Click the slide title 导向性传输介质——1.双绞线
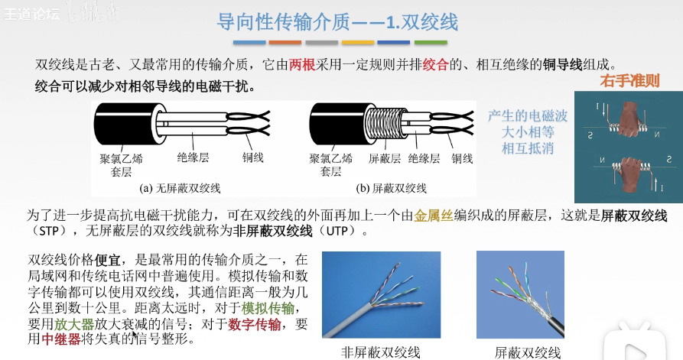click(337, 21)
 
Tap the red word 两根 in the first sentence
click(302, 65)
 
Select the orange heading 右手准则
click(629, 80)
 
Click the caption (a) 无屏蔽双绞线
click(180, 188)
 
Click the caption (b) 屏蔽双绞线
click(391, 188)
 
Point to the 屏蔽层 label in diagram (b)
click(385, 158)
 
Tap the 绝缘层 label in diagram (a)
click(193, 157)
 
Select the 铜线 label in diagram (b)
click(462, 158)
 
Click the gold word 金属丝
click(434, 216)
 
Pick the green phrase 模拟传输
click(268, 308)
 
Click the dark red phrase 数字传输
click(255, 324)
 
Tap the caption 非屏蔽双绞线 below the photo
click(381, 352)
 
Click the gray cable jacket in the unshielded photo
click(349, 321)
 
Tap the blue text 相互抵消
click(528, 148)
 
